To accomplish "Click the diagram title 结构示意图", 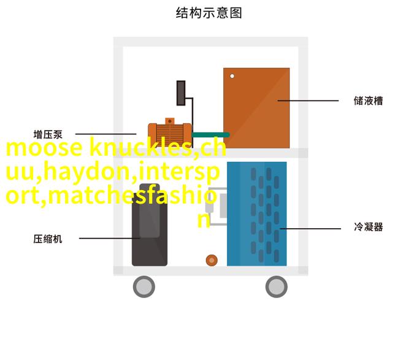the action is coord(208,13).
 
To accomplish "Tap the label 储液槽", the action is coord(368,101).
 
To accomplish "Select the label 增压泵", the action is coord(48,134).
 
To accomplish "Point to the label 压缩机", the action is coord(48,239).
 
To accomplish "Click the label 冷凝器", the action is coord(369,227).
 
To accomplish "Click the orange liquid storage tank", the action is coord(256,108).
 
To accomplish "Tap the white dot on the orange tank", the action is coord(232,76).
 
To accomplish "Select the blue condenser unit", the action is coord(256,214).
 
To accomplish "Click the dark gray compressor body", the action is coord(150,229).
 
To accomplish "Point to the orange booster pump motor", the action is coord(170,132).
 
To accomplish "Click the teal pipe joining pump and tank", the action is coord(210,135).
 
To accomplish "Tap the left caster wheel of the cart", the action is coord(144,286).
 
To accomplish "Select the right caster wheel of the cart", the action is coord(277,286).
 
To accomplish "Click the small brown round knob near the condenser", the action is coord(212,260).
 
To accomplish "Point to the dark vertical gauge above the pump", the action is coord(181,93).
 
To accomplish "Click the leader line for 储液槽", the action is coord(308,101).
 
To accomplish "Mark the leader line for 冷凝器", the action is coord(310,228).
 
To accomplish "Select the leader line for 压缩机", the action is coord(110,238).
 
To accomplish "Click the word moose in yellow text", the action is coord(44,148).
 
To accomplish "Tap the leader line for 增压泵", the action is coord(106,134).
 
